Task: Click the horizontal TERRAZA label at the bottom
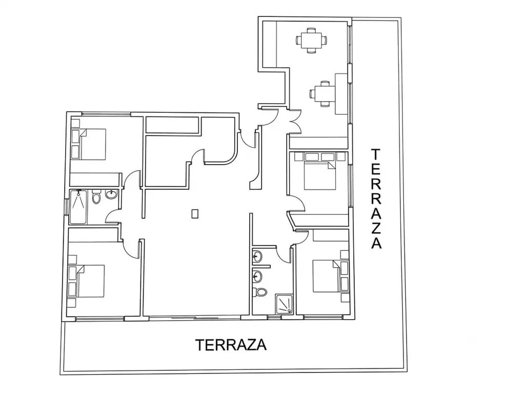coord(231,345)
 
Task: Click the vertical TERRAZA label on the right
coord(376,199)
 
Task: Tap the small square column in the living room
coord(195,213)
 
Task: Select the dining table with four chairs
coord(311,41)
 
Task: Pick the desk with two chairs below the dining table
coord(323,93)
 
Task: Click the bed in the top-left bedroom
coord(93,144)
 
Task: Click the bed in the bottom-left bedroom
coord(90,281)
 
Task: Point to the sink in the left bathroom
coord(111,194)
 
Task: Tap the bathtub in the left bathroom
coord(78,207)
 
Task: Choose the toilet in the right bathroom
coord(260,292)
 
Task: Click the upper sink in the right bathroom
coord(257,257)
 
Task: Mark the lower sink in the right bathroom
coord(257,277)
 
